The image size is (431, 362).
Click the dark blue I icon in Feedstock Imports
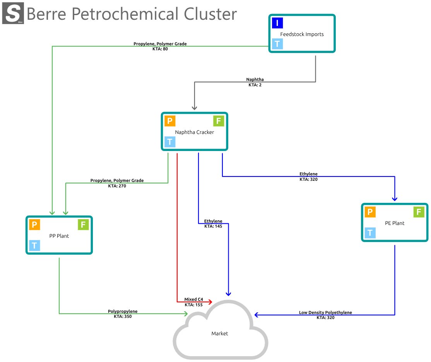[277, 23]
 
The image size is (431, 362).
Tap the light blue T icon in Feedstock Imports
[277, 44]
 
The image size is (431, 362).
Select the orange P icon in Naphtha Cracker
[170, 121]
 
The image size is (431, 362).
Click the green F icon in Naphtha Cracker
[219, 121]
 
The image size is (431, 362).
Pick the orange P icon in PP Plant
[34, 225]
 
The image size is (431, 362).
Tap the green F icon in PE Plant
[419, 212]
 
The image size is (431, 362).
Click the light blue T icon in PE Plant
[370, 233]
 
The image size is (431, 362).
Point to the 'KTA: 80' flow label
[160, 49]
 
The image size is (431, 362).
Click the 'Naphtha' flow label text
[255, 80]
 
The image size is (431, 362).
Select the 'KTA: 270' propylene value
[117, 186]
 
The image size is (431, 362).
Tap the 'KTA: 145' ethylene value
[213, 226]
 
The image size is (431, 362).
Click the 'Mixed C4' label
[193, 300]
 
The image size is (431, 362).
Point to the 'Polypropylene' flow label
[123, 311]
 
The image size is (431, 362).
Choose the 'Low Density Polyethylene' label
[325, 312]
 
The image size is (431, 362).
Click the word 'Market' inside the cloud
[220, 333]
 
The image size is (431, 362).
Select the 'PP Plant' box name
[59, 236]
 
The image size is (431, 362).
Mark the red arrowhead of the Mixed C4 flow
[210, 302]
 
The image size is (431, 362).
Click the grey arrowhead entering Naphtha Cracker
[195, 107]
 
